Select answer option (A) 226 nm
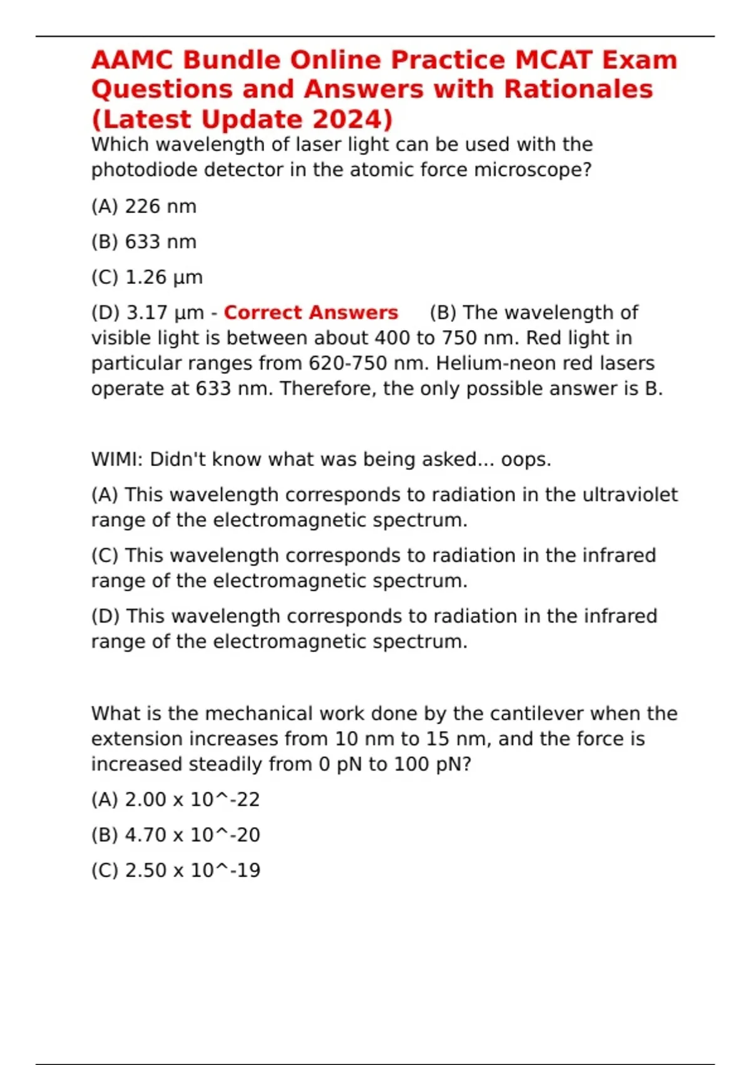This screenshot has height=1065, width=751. pos(144,206)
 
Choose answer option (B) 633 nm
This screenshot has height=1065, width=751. pos(144,242)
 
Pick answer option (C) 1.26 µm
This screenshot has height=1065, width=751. pos(147,278)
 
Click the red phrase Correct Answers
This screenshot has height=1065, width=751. pos(311,313)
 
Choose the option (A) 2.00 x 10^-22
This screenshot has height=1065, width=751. pos(175,799)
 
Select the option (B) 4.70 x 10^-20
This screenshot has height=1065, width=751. pos(175,835)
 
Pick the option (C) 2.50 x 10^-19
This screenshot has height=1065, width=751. pos(175,871)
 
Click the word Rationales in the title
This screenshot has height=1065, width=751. pos(578,90)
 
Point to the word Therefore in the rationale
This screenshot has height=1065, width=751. pos(325,389)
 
